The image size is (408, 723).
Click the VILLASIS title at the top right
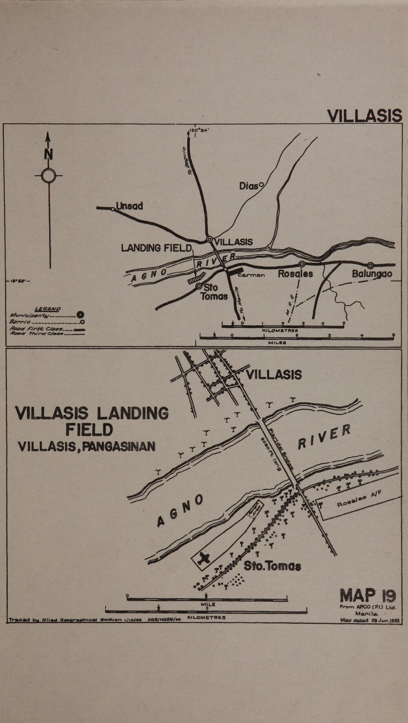(x=365, y=115)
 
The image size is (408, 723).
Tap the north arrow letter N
(x=49, y=155)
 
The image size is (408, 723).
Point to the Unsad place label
(x=129, y=206)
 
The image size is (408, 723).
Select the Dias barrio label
(x=249, y=186)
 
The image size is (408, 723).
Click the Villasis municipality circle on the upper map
(x=209, y=240)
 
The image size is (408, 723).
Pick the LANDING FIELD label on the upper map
(x=156, y=248)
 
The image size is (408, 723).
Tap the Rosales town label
(x=295, y=274)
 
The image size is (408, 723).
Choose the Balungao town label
(x=372, y=274)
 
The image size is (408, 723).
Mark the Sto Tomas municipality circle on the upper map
(x=199, y=286)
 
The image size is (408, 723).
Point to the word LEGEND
(x=48, y=309)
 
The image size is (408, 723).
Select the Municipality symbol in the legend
(x=80, y=315)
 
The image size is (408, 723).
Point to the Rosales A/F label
(x=359, y=500)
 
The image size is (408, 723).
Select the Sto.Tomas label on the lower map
(x=272, y=566)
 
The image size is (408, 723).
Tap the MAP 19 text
(x=368, y=596)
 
